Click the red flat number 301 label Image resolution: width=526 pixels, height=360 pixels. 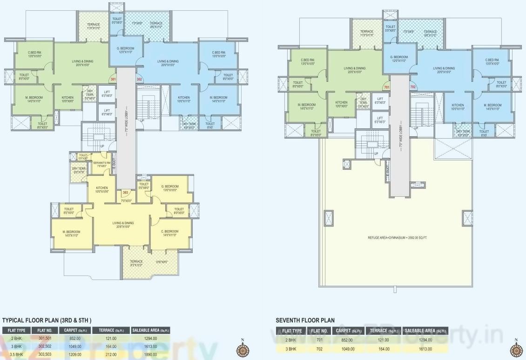click(x=112, y=79)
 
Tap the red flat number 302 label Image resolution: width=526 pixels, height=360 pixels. click(x=139, y=79)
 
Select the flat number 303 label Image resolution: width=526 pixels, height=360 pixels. click(x=125, y=192)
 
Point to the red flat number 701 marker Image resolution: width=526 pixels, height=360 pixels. click(x=386, y=87)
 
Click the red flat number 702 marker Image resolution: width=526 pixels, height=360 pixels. click(x=412, y=87)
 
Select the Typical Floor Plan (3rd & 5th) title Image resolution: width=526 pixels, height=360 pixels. click(x=47, y=320)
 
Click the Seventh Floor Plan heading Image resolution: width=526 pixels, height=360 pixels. click(x=305, y=320)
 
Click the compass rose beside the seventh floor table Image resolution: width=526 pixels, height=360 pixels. click(x=516, y=349)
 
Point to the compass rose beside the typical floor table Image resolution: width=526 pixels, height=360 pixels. click(x=242, y=349)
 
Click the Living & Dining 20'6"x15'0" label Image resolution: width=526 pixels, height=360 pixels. click(x=123, y=225)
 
